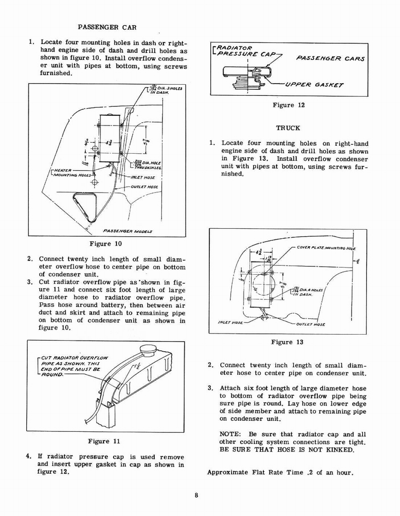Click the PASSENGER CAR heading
point(107,26)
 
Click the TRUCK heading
point(289,128)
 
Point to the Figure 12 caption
point(289,105)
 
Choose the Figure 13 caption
point(287,342)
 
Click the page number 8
point(196,495)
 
